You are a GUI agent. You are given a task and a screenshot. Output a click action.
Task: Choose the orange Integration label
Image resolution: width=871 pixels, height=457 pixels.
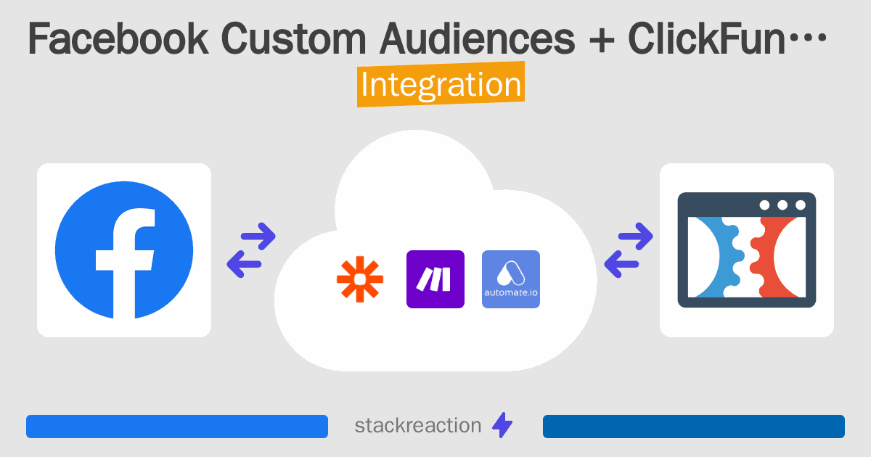coord(441,86)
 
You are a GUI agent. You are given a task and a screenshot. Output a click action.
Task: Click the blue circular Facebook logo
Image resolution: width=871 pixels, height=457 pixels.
coord(124,250)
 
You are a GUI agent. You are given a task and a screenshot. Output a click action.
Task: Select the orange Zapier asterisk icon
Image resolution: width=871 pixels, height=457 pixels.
coord(359,279)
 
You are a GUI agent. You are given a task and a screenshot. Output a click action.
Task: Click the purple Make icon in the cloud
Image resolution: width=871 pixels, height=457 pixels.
coord(435,279)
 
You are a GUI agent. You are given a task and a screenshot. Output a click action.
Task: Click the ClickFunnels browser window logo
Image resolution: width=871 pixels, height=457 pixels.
coord(746,250)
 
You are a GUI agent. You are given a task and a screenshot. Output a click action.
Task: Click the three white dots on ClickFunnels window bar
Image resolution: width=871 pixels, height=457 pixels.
coord(782,205)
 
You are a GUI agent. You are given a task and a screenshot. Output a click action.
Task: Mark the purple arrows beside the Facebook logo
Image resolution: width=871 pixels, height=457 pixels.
coord(251,250)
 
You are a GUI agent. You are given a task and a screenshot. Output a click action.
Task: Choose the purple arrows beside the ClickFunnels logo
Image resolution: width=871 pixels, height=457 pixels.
coord(629,250)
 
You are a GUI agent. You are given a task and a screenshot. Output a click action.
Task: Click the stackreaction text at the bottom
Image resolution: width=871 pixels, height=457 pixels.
coord(417,426)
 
